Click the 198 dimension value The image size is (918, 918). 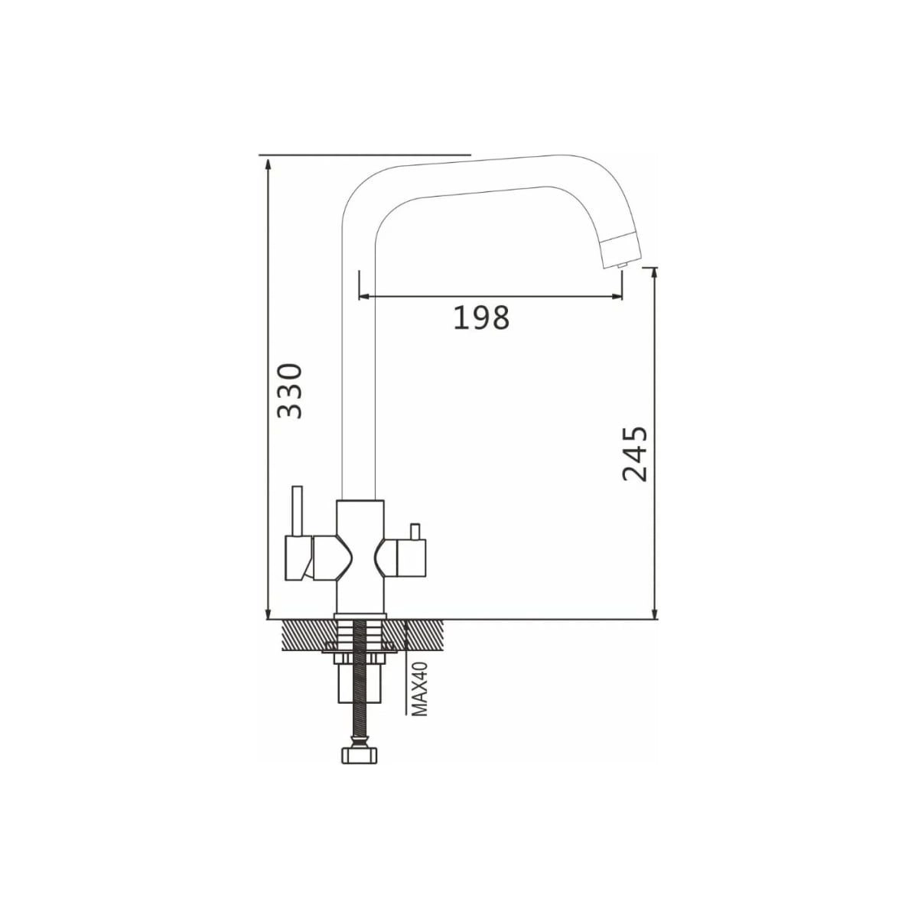click(480, 317)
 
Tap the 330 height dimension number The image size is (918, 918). click(290, 391)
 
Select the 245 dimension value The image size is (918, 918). click(635, 453)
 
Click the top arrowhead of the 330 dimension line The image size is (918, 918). click(269, 166)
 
